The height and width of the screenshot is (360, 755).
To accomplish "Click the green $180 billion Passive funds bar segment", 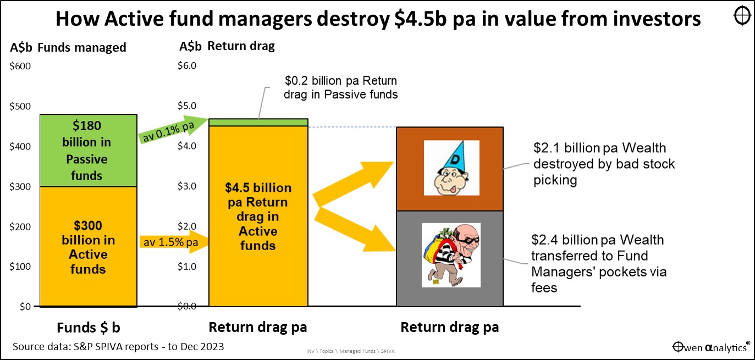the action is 89,151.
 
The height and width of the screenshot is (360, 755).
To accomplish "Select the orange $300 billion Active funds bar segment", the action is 89,247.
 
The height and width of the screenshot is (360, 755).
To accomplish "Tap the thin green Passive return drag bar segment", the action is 258,122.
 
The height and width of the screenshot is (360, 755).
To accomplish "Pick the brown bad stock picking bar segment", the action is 450,169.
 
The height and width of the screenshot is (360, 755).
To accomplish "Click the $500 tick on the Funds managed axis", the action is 20,107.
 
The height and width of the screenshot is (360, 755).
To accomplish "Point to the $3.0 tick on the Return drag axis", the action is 187,186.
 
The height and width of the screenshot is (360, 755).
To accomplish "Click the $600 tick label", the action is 20,67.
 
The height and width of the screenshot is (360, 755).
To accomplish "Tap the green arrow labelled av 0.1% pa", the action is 172,130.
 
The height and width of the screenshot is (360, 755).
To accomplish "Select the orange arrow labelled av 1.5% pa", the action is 174,241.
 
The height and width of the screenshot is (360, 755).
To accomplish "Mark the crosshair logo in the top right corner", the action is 742,16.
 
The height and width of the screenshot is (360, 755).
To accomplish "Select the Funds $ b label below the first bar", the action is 89,328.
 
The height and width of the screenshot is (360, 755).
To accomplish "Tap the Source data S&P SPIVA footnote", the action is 118,346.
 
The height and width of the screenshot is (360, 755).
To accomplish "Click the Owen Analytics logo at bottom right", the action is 711,347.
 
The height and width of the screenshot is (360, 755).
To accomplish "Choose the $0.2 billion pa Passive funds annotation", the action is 340,87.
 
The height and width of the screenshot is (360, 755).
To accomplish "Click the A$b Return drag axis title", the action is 227,46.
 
